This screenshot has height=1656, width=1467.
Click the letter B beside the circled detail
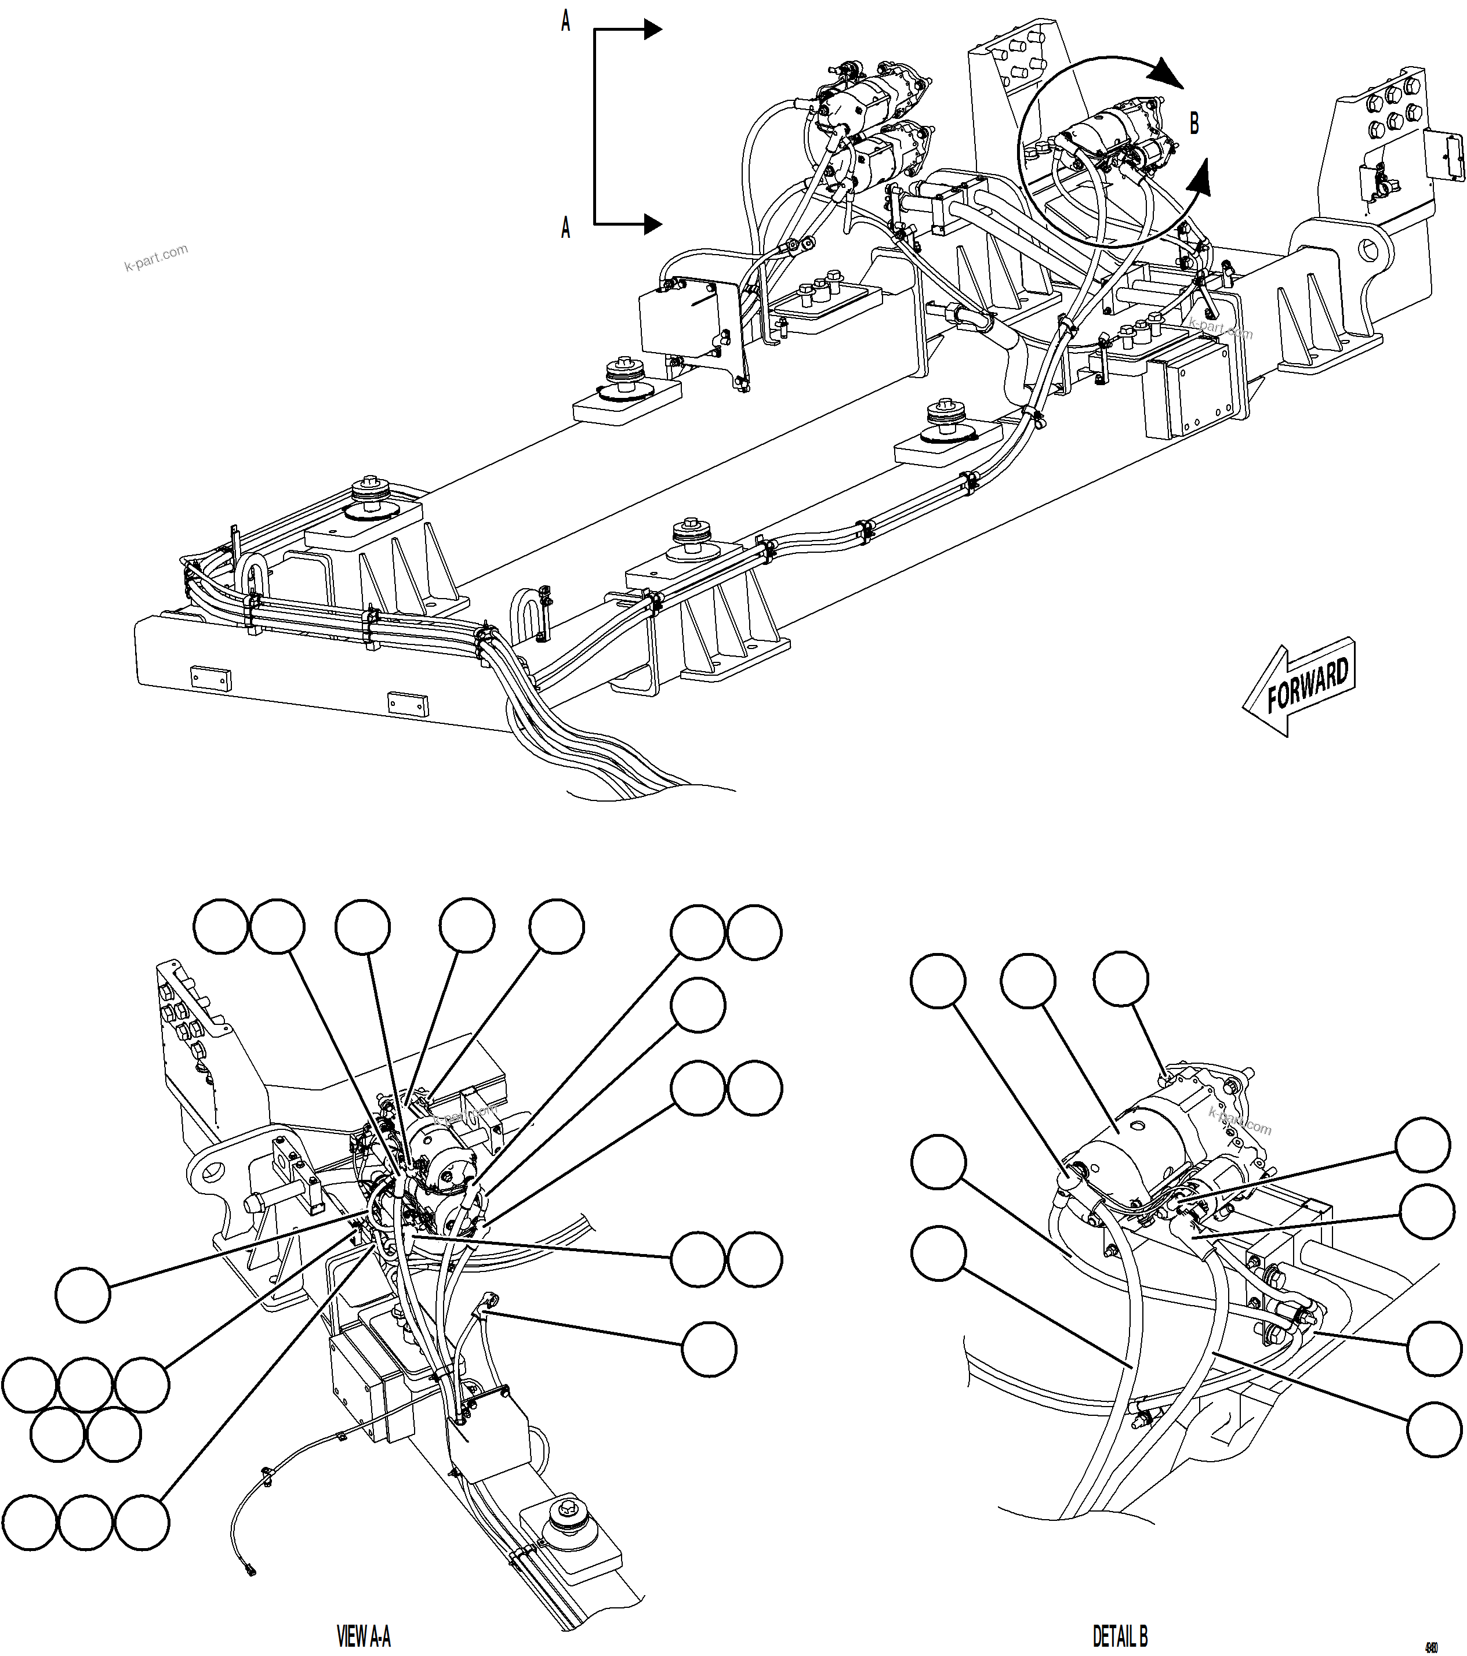pyautogui.click(x=1193, y=124)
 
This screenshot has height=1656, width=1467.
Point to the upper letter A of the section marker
pyautogui.click(x=565, y=23)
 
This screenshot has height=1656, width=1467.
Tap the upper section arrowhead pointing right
pyautogui.click(x=653, y=31)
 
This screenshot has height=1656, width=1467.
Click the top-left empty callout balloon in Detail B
pyautogui.click(x=938, y=980)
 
